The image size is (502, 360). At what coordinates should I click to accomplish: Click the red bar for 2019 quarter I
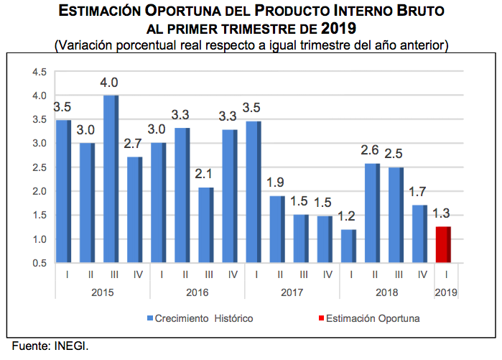[x=444, y=245]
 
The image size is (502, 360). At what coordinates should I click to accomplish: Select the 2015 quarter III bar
[x=111, y=179]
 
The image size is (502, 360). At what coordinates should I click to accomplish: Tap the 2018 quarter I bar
[x=348, y=246]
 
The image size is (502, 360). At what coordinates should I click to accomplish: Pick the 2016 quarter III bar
[x=205, y=225]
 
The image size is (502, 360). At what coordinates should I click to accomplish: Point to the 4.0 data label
[x=109, y=82]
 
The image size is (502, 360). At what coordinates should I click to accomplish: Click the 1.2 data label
[x=348, y=216]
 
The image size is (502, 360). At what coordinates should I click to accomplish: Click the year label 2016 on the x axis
[x=197, y=293]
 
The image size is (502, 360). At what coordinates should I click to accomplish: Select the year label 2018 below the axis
[x=386, y=293]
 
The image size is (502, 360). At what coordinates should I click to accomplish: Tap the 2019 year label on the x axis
[x=445, y=293]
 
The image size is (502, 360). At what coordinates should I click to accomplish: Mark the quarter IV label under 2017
[x=327, y=274]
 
